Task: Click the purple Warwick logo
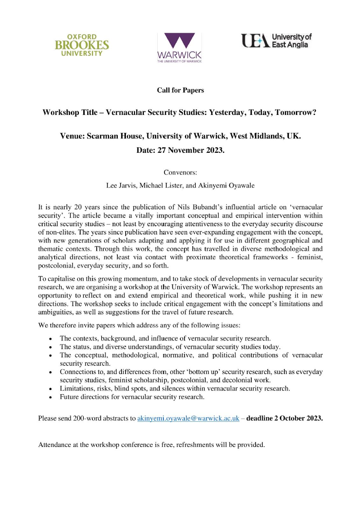pos(180,47)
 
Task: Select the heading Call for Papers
pos(180,90)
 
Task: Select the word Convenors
pos(180,173)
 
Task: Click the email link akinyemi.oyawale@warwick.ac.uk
pos(188,418)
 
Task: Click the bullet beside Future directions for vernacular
pos(51,398)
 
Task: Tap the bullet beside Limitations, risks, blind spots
pos(51,389)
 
